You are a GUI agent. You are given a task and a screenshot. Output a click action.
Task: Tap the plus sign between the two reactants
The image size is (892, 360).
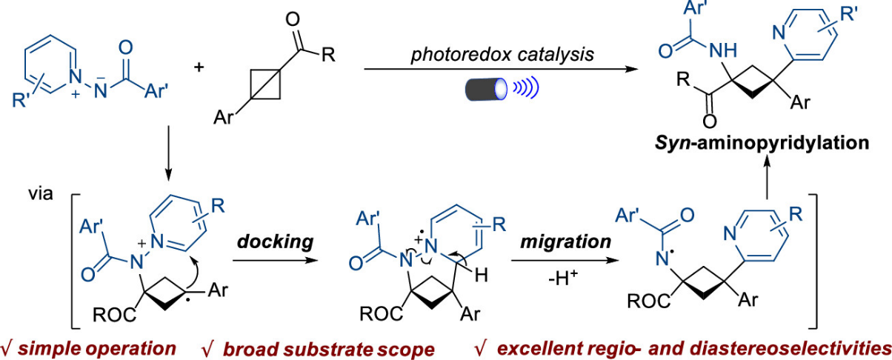pos(199,68)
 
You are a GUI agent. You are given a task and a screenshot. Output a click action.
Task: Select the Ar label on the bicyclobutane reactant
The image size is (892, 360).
pos(223,117)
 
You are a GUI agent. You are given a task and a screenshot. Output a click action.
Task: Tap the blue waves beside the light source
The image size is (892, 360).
pos(526,89)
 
